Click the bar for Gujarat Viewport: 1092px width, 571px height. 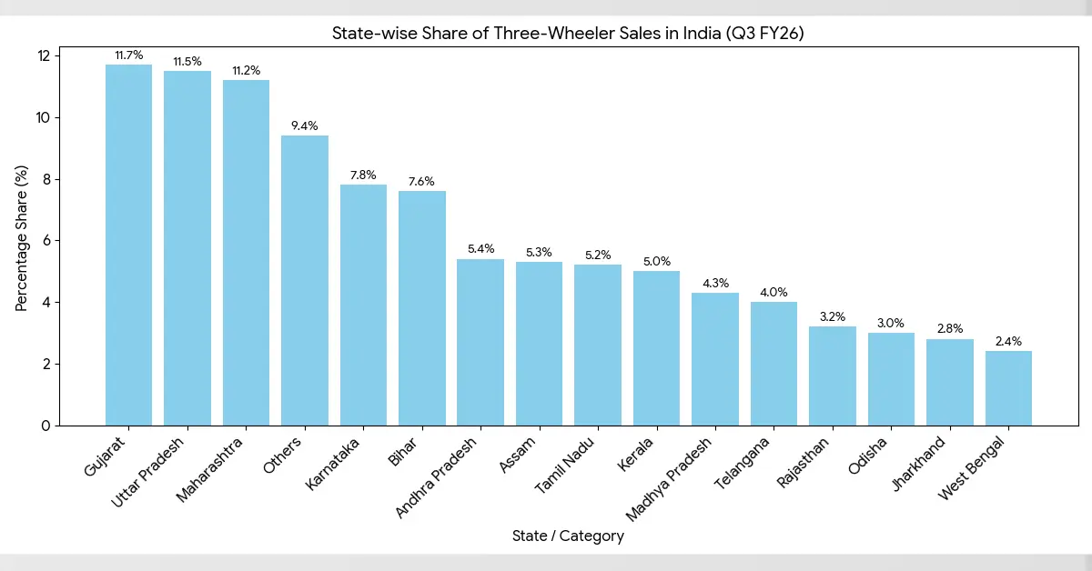click(128, 245)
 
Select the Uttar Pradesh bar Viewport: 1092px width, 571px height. click(187, 248)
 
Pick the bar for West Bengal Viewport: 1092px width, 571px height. click(1008, 388)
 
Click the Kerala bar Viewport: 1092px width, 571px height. click(656, 348)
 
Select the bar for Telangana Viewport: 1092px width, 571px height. click(773, 364)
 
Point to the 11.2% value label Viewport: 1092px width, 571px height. click(246, 70)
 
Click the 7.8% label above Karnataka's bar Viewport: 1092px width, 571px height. click(363, 175)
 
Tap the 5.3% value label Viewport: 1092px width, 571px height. click(539, 252)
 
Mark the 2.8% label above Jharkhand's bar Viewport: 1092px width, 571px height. click(949, 328)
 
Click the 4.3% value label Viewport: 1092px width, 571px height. click(715, 283)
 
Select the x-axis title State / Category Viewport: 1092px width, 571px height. click(568, 536)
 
